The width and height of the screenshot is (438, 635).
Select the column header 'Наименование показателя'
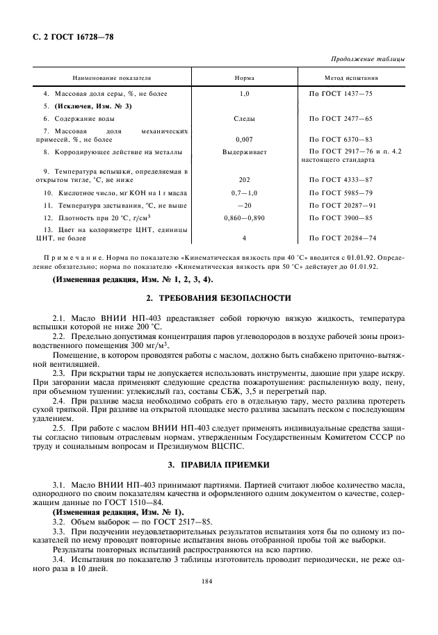pyautogui.click(x=112, y=79)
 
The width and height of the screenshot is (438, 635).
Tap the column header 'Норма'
pyautogui.click(x=244, y=79)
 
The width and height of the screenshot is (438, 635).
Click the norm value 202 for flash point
pyautogui.click(x=244, y=179)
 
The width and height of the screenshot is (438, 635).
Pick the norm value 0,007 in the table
pyautogui.click(x=244, y=139)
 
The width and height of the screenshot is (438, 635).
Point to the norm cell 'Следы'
pyautogui.click(x=244, y=119)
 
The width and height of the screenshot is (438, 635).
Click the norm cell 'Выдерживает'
pyautogui.click(x=244, y=151)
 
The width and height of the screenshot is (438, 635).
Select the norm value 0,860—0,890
pyautogui.click(x=244, y=217)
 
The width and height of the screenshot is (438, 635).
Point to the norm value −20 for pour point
pyautogui.click(x=244, y=205)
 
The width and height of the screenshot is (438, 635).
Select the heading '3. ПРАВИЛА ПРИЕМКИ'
pyautogui.click(x=218, y=463)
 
